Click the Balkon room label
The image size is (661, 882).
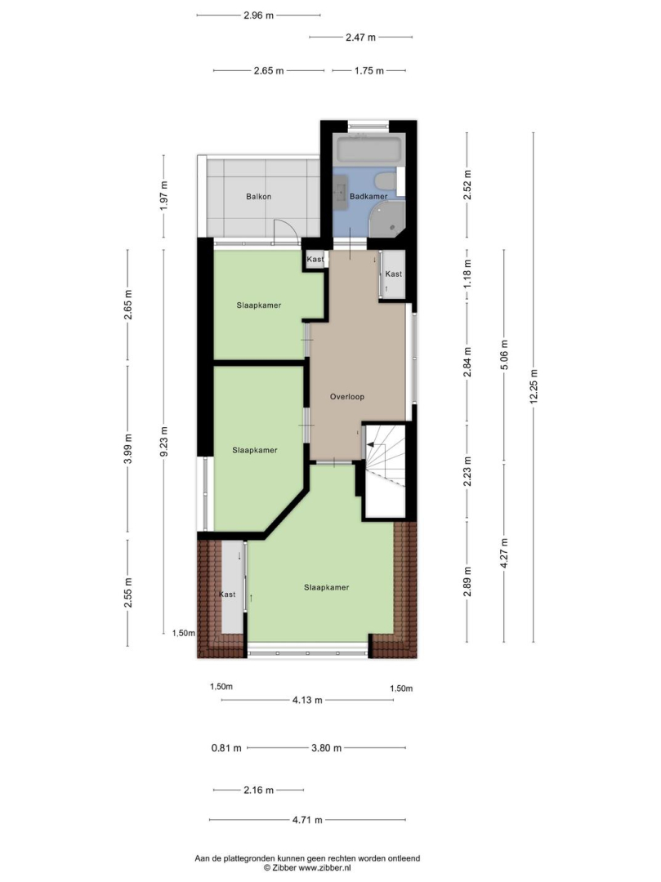point(259,197)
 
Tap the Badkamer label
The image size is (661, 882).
point(368,196)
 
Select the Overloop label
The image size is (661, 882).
point(347,397)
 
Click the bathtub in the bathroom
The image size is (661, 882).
point(368,149)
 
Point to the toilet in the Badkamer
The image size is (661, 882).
point(386,181)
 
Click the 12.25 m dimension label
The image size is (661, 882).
point(534,385)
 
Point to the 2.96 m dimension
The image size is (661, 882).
point(259,16)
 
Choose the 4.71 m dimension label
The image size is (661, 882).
point(307,820)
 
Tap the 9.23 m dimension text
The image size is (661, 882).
point(163,443)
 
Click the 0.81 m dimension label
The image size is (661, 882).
point(226,748)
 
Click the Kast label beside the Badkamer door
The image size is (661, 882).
point(315,260)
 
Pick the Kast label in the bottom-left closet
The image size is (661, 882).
point(227,595)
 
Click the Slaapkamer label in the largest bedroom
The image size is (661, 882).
point(326,587)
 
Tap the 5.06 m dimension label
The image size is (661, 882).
point(504,355)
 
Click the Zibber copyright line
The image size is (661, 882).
point(307,868)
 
